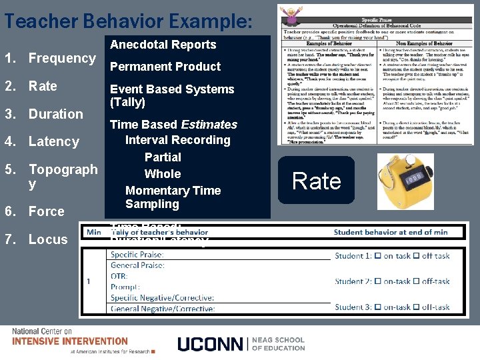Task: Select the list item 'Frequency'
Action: (62, 59)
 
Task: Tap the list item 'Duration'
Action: (55, 114)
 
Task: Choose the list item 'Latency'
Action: (53, 141)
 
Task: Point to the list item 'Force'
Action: (46, 211)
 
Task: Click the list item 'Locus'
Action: (47, 239)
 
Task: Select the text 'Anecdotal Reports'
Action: (163, 45)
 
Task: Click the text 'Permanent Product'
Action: (165, 67)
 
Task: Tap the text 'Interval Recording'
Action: (177, 140)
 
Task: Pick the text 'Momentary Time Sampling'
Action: (173, 197)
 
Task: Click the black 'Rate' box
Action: (316, 181)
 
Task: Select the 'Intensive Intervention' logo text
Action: (70, 341)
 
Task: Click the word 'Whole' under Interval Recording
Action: (163, 174)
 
